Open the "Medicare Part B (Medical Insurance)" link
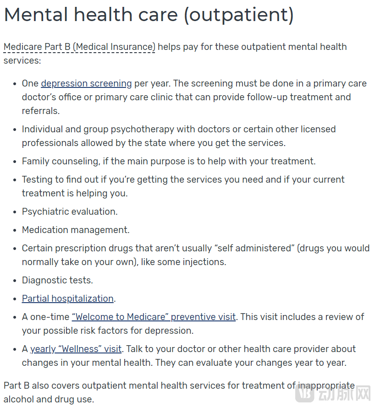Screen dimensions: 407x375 pyautogui.click(x=79, y=47)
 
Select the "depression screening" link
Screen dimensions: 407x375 pyautogui.click(x=86, y=83)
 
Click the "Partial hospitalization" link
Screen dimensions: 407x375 pyautogui.click(x=68, y=298)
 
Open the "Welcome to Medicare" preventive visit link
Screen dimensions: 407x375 pyautogui.click(x=154, y=317)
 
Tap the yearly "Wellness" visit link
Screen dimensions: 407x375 pyautogui.click(x=76, y=349)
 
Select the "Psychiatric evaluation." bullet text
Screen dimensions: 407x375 pyautogui.click(x=70, y=212)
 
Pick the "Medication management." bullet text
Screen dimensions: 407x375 pyautogui.click(x=76, y=230)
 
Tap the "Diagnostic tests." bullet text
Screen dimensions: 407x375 pyautogui.click(x=57, y=280)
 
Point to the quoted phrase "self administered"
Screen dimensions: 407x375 pyautogui.click(x=256, y=248)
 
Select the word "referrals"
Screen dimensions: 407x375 pyautogui.click(x=40, y=111)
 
